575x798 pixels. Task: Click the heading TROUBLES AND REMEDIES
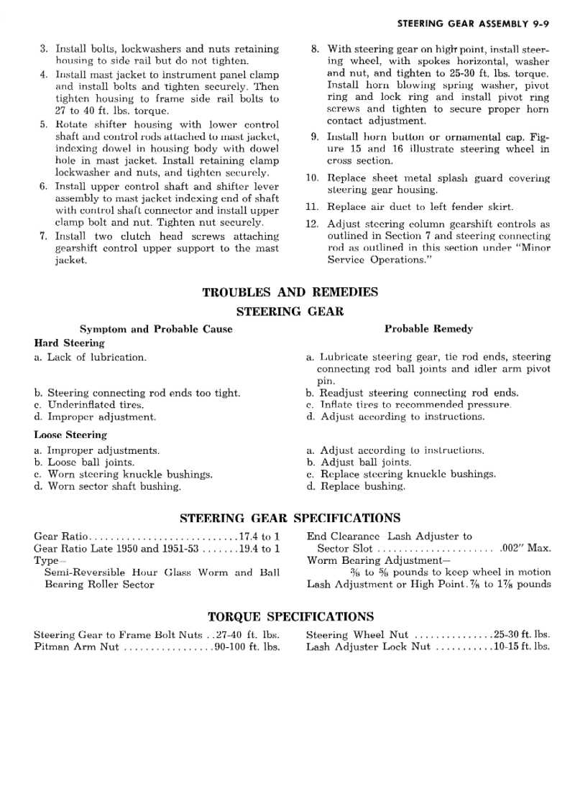(x=290, y=293)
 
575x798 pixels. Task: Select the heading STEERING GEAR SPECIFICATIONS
(x=290, y=518)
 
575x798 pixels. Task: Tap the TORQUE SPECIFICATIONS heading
(x=290, y=617)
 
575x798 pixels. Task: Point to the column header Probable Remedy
(x=428, y=329)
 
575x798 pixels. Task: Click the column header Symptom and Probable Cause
(x=156, y=329)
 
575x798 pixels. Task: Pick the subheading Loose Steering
(x=70, y=435)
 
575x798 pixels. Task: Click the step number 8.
(x=315, y=50)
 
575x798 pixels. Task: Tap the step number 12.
(x=312, y=223)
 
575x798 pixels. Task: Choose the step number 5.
(x=43, y=124)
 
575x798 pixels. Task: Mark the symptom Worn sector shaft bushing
(x=114, y=486)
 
